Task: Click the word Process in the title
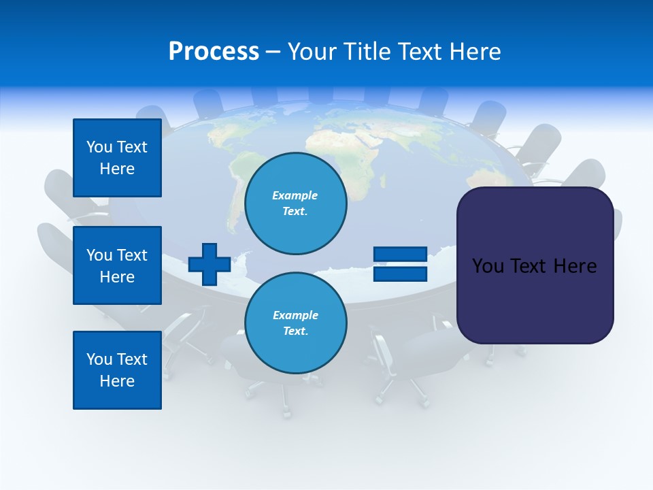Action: pos(214,52)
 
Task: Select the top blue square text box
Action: pos(117,158)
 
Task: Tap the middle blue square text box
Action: pos(117,265)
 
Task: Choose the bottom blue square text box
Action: pos(117,370)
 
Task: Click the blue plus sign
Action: pos(209,265)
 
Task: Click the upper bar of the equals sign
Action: pos(400,255)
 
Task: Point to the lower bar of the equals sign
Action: pos(400,274)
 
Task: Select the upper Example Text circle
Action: pos(295,203)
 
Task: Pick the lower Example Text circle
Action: pos(295,323)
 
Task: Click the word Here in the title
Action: pos(476,52)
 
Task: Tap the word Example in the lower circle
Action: pos(295,315)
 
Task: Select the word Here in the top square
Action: pos(117,169)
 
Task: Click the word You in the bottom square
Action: pos(99,359)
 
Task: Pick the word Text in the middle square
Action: pos(132,255)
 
